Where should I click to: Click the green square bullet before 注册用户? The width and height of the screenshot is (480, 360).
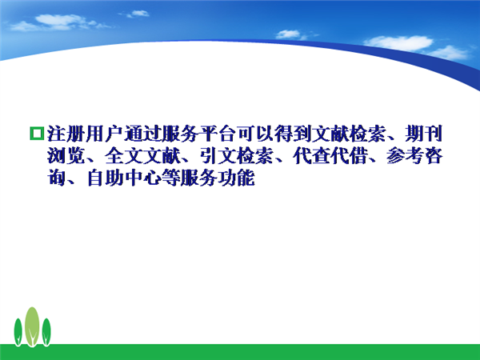click(x=37, y=134)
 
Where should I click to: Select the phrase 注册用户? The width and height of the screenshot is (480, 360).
click(x=85, y=134)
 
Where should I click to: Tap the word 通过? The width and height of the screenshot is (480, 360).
click(x=142, y=134)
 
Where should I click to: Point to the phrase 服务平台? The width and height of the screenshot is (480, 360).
click(x=198, y=134)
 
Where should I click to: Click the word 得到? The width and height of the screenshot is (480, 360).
click(x=292, y=134)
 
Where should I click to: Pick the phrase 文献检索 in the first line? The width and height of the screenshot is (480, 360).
click(x=349, y=134)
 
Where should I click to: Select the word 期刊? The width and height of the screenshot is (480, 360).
click(x=424, y=134)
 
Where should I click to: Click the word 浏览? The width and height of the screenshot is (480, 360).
click(x=66, y=156)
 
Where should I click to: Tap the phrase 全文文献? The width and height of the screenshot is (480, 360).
click(x=142, y=156)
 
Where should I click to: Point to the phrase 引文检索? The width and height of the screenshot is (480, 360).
click(x=237, y=156)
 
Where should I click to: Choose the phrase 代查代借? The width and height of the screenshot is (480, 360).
click(x=330, y=156)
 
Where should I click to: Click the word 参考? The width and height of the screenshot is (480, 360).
click(x=406, y=156)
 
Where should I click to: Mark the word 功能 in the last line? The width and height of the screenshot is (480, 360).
click(x=236, y=178)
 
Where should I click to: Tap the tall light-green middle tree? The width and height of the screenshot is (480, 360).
click(x=32, y=326)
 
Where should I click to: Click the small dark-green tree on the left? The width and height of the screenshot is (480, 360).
click(x=18, y=332)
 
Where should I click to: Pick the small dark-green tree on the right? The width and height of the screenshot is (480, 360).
click(x=46, y=332)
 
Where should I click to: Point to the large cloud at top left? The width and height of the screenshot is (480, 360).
click(x=58, y=22)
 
